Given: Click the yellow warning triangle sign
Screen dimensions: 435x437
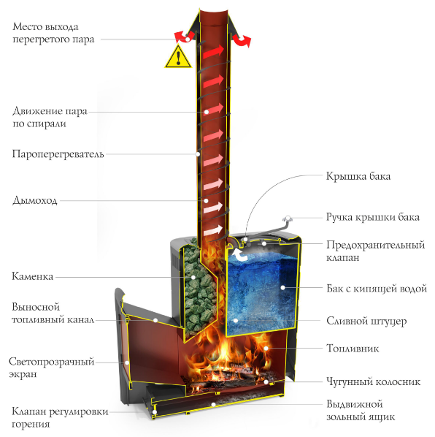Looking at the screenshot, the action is point(178,58).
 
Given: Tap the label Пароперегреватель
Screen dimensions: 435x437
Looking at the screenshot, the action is point(58,154).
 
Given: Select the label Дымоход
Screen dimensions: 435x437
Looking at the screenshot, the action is point(35,200).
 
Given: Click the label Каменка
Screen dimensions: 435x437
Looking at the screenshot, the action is point(32,276).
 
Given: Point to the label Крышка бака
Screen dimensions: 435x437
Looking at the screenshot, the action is point(358,176).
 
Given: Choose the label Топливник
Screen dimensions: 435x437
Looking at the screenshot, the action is point(353,349).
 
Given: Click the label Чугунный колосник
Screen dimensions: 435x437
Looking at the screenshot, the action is point(373,381).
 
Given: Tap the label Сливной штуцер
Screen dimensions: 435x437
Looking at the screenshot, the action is point(366,321).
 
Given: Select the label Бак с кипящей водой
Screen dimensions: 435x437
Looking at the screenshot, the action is point(377,288).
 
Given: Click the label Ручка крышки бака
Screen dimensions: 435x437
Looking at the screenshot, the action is point(373,217).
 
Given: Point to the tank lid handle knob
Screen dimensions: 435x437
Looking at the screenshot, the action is point(288,218).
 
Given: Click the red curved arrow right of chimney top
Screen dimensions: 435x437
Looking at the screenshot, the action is point(242,41).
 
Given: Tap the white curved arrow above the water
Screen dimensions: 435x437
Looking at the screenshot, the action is point(240,254).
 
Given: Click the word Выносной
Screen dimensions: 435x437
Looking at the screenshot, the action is point(36,307).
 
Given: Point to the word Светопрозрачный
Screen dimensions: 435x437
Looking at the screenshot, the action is point(52,362).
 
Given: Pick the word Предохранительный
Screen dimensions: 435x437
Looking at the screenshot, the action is point(376,245).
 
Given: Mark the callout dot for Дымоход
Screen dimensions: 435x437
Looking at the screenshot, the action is point(206,201).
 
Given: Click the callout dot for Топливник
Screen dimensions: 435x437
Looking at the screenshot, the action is point(266,349).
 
